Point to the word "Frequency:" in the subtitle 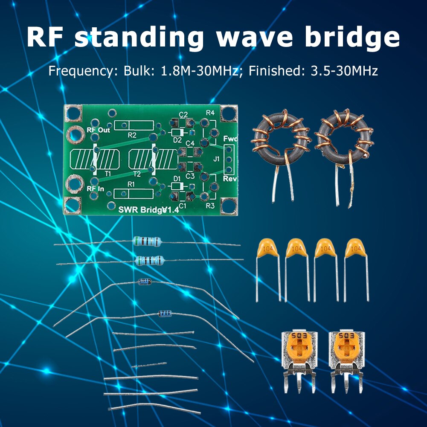[x=79, y=70]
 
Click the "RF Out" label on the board [x=98, y=130]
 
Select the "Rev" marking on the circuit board [x=229, y=179]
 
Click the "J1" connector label [x=216, y=159]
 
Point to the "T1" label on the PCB [x=107, y=174]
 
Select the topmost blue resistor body [x=147, y=241]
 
